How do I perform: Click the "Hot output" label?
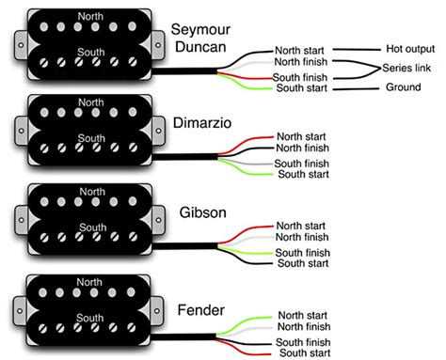point(410,49)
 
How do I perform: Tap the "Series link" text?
point(406,68)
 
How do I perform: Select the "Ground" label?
point(403,86)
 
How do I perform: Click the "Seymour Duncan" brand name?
point(200,39)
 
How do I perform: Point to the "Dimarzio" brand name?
point(202,123)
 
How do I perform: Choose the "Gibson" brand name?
point(203,212)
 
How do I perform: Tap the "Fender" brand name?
point(201,310)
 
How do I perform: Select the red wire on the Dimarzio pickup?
point(247,143)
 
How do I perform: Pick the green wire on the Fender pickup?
point(245,322)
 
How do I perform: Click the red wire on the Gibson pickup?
point(247,232)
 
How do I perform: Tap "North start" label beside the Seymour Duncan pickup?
point(299,50)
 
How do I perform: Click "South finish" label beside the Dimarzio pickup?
point(301,164)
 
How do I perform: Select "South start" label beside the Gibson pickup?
point(303,263)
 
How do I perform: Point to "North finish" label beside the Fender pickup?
point(304,326)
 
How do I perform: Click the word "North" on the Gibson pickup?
point(92,192)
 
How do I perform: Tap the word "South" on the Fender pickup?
point(90,318)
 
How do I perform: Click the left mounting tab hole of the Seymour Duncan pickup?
point(21,45)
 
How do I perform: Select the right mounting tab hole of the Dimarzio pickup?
point(158,131)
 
